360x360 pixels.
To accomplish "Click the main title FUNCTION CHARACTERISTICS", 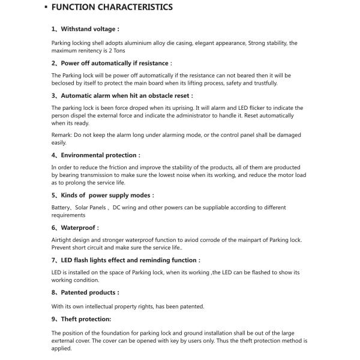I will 112,8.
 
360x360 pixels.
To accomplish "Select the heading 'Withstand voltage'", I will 90,28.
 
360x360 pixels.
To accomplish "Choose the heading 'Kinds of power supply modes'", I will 107,195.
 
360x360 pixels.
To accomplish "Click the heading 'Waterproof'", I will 80,227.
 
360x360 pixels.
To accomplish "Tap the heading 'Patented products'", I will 89,293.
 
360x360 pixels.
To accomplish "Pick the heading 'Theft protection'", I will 86,319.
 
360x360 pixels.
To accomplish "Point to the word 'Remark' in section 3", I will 61,135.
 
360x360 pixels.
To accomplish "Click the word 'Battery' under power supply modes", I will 61,208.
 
